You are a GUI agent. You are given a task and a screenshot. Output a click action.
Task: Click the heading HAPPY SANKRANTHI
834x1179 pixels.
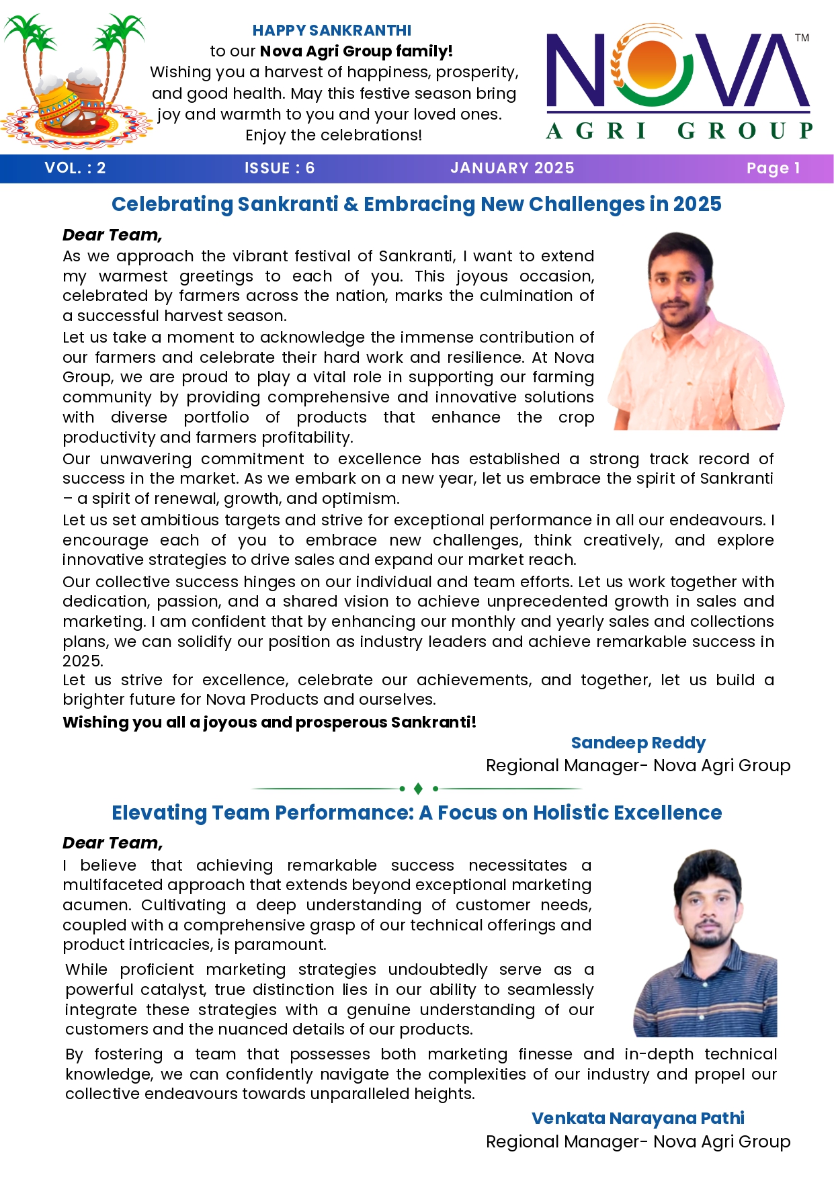point(331,30)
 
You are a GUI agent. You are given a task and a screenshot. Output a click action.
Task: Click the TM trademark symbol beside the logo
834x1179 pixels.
point(802,38)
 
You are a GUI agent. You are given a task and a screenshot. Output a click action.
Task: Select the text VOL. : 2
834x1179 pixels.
point(75,168)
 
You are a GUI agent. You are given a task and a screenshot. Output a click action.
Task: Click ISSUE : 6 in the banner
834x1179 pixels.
point(280,168)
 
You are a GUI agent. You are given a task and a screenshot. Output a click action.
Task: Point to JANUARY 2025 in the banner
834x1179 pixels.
point(512,168)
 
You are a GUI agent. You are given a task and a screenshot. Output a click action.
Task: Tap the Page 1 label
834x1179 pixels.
point(773,168)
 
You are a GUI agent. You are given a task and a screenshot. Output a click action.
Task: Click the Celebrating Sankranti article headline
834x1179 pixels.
point(416,204)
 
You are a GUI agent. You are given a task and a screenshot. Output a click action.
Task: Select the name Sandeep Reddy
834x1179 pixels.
point(638,743)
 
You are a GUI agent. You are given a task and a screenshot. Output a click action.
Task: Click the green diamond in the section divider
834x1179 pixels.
point(418,788)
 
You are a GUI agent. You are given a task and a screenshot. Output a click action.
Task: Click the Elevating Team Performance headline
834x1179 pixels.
point(416,813)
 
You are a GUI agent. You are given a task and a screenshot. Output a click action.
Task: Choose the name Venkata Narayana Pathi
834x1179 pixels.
point(638,1119)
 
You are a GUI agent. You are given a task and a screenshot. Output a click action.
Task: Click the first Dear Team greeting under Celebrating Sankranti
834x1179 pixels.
point(112,235)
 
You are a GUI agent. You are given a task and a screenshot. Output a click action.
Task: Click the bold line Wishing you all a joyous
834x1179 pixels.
point(269,722)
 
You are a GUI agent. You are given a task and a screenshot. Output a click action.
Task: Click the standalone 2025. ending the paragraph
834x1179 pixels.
point(82,661)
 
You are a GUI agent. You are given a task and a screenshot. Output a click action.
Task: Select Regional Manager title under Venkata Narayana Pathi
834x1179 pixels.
point(638,1142)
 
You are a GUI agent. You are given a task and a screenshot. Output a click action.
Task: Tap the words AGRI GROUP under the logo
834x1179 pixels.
point(679,130)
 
